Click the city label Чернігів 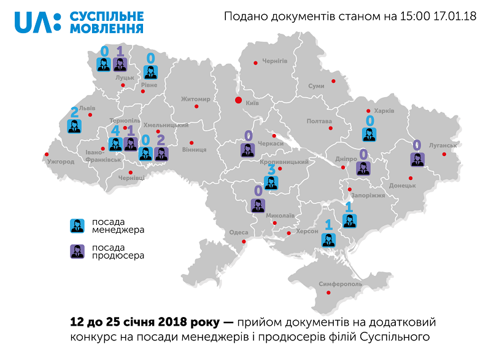click(x=274, y=61)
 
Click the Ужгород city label click(x=60, y=162)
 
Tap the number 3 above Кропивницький click(x=271, y=168)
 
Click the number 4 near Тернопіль click(x=115, y=130)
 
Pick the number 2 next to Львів click(x=74, y=112)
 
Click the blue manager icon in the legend click(x=77, y=225)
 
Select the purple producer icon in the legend click(x=77, y=251)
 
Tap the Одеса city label click(x=238, y=232)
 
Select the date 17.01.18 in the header click(x=455, y=17)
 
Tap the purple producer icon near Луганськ click(x=417, y=159)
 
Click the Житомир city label click(x=196, y=99)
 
